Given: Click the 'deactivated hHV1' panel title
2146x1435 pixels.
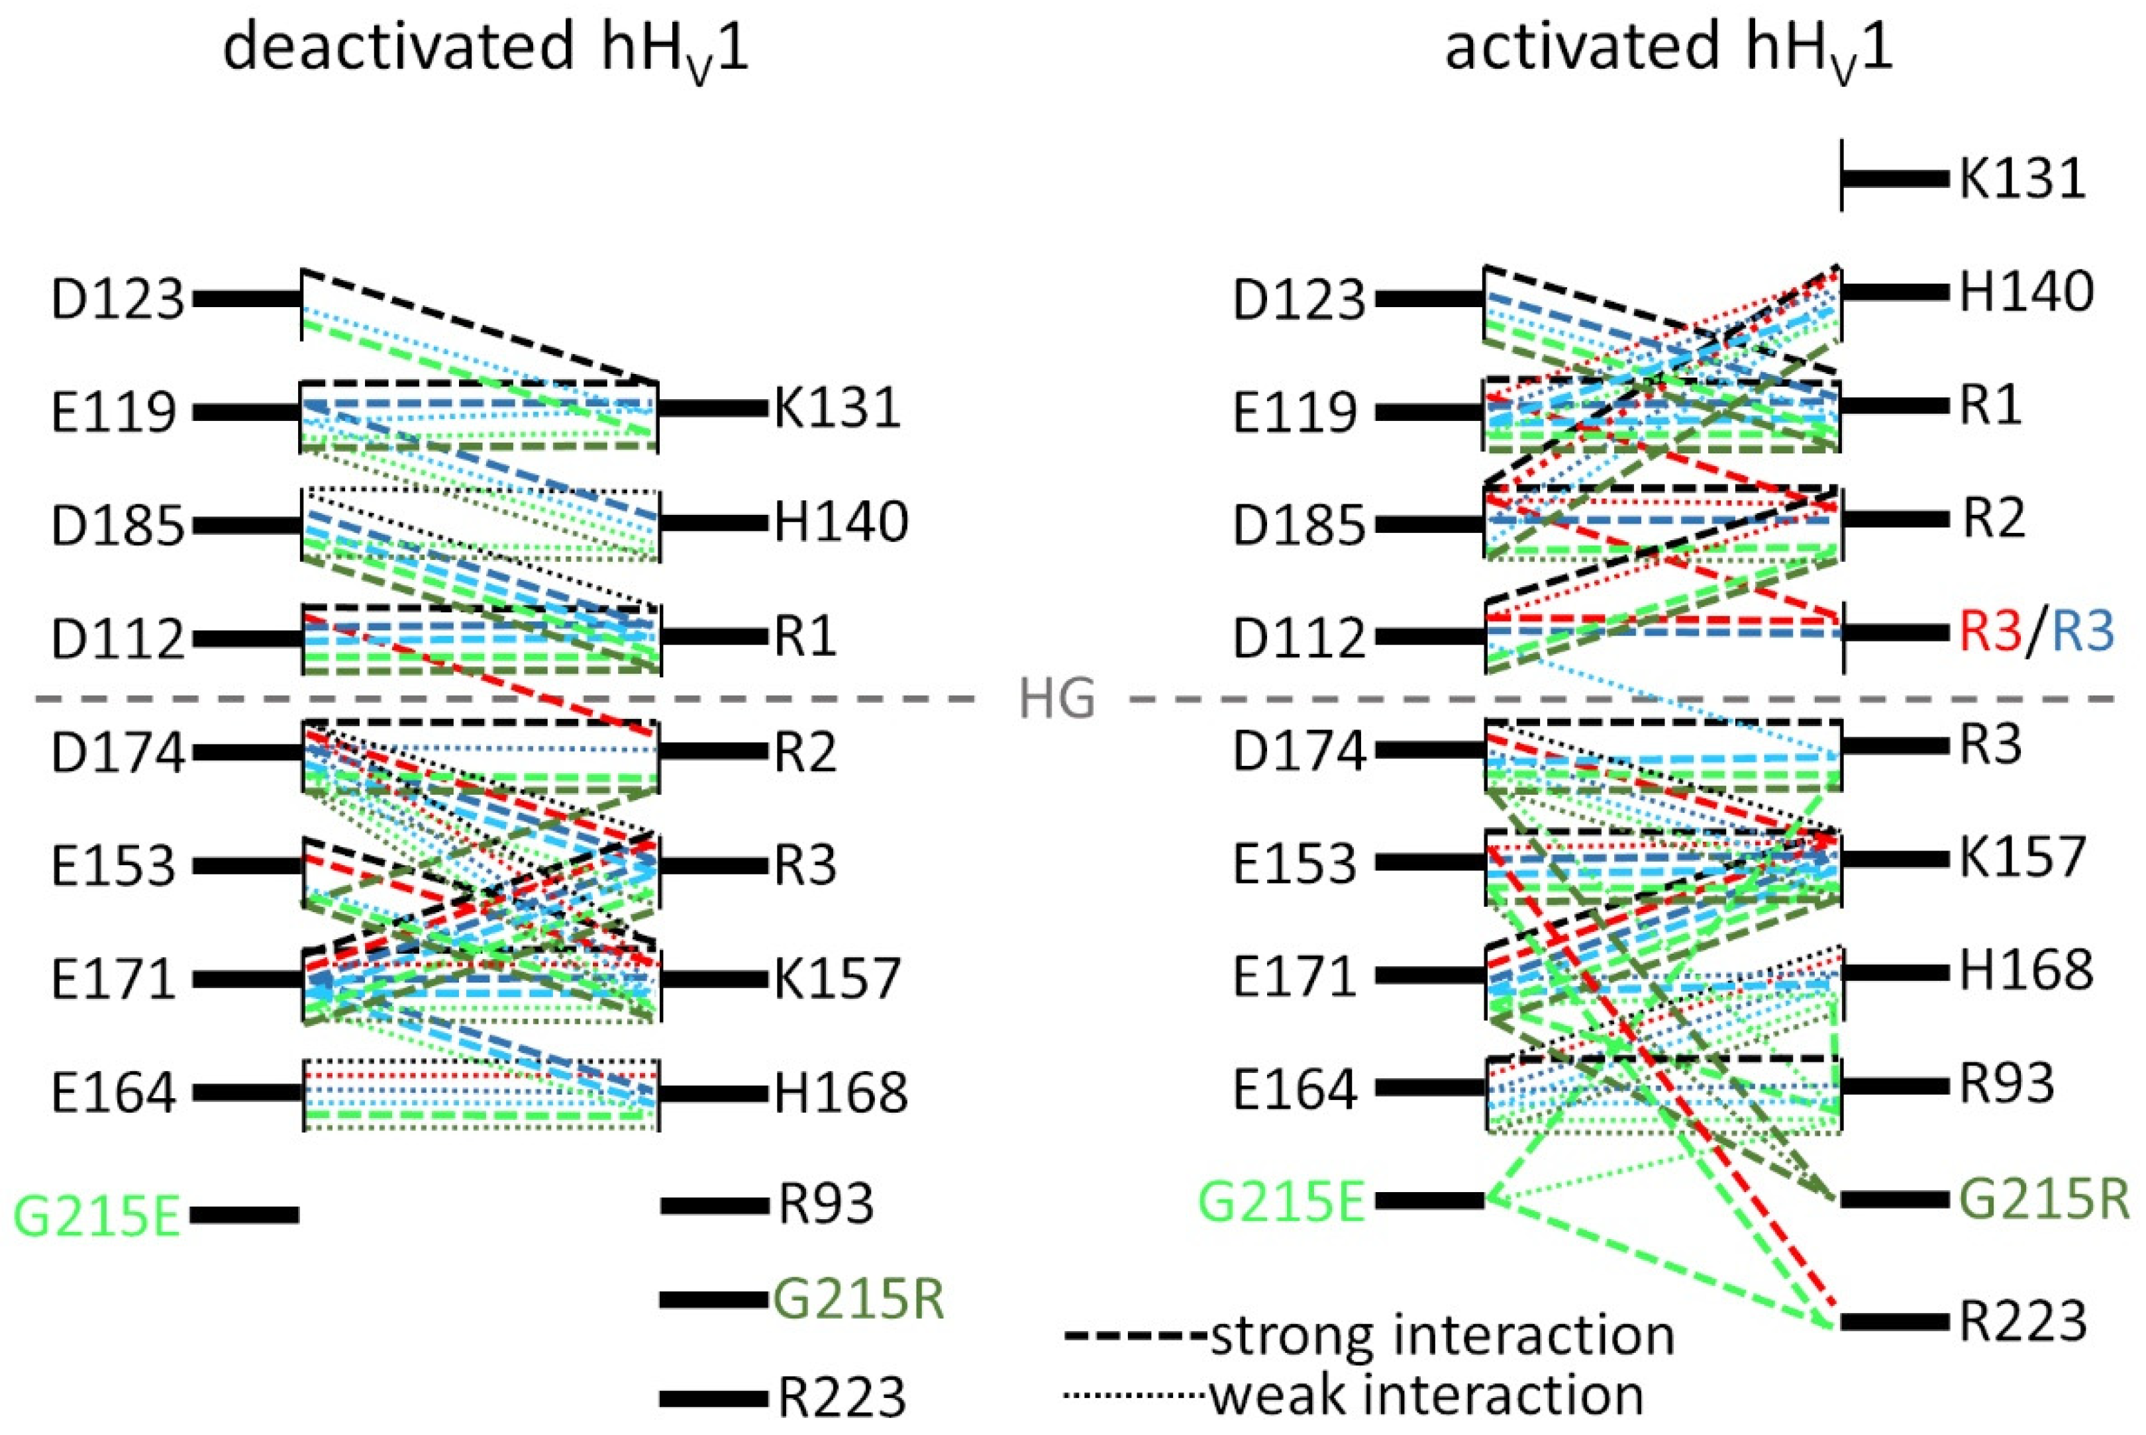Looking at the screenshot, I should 486,48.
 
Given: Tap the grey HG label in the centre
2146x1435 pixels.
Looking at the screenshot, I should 1058,701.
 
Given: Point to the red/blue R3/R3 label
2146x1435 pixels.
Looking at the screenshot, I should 2037,631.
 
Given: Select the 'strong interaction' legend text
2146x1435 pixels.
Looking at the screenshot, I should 1442,1336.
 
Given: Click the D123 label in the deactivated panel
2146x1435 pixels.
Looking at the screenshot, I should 117,299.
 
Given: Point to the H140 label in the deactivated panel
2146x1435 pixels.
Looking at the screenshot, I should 841,522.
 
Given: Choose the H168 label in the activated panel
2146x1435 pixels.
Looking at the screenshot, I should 2025,970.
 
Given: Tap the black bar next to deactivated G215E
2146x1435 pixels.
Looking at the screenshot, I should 244,1215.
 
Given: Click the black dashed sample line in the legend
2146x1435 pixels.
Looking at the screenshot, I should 1135,1338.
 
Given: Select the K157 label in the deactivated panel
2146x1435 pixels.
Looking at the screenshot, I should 837,978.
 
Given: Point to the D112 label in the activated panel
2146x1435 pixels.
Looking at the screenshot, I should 1298,638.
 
